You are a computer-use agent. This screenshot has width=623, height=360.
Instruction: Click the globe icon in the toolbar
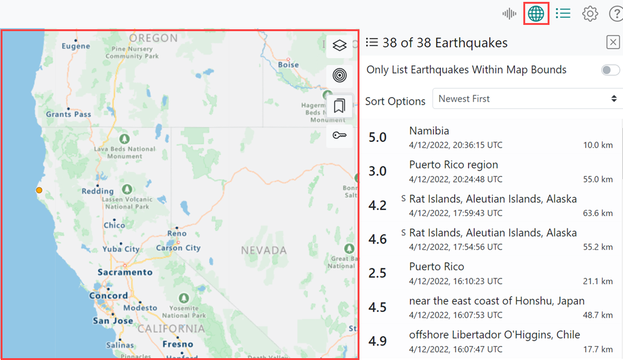pyautogui.click(x=536, y=13)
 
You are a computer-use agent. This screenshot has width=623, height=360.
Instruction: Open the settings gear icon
pyautogui.click(x=590, y=13)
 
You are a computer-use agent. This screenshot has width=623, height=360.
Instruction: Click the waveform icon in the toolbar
pyautogui.click(x=510, y=13)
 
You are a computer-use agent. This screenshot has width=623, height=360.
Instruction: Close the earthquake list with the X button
pyautogui.click(x=613, y=42)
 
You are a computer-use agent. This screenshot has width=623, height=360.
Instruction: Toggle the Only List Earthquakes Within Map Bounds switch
pyautogui.click(x=611, y=70)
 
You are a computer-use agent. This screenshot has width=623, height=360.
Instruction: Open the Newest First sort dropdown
pyautogui.click(x=527, y=98)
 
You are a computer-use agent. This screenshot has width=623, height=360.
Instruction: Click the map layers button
pyautogui.click(x=339, y=45)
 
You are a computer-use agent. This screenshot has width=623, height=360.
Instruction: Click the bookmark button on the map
pyautogui.click(x=339, y=106)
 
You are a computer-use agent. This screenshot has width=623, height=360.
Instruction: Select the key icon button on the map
pyautogui.click(x=339, y=135)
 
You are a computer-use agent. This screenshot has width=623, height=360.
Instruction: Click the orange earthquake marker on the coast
pyautogui.click(x=39, y=190)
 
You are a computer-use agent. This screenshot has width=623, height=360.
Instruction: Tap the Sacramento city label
pyautogui.click(x=125, y=272)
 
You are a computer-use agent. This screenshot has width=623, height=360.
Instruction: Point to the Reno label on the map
pyautogui.click(x=176, y=234)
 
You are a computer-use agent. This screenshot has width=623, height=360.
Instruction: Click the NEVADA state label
pyautogui.click(x=264, y=250)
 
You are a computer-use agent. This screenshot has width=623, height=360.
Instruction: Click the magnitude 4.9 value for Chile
pyautogui.click(x=378, y=341)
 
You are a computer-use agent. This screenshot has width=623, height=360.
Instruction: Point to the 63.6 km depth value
pyautogui.click(x=597, y=213)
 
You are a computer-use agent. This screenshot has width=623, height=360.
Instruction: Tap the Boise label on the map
pyautogui.click(x=288, y=64)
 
